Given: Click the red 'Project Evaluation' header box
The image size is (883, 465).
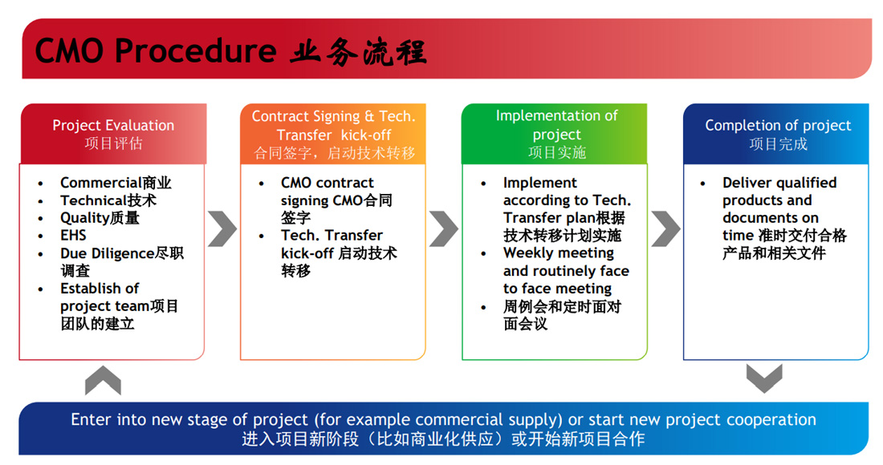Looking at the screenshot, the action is click(113, 134).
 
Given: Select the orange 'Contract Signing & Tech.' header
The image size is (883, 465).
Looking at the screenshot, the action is click(333, 134).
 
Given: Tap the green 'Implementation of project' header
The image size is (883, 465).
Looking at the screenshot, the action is click(555, 134).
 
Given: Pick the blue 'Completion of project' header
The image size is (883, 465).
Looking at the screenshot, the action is click(776, 134).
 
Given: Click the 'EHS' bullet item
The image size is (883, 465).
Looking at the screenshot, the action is click(73, 235).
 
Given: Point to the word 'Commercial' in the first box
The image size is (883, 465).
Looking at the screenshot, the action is click(101, 183).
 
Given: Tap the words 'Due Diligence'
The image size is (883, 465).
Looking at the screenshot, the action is click(107, 253).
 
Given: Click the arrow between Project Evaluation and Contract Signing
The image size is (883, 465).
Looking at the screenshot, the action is click(223, 228).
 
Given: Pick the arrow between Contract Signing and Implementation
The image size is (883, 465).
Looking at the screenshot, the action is click(445, 228).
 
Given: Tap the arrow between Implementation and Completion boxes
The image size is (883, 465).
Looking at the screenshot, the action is click(666, 228).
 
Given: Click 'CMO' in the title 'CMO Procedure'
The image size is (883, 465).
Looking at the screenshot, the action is click(69, 51).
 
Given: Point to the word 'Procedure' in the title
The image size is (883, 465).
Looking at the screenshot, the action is click(195, 51).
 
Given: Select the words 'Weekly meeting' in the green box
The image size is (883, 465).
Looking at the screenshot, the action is click(559, 253).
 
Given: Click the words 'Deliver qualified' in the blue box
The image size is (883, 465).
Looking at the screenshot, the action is click(779, 183).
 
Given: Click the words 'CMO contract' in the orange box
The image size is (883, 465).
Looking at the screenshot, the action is click(328, 183).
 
